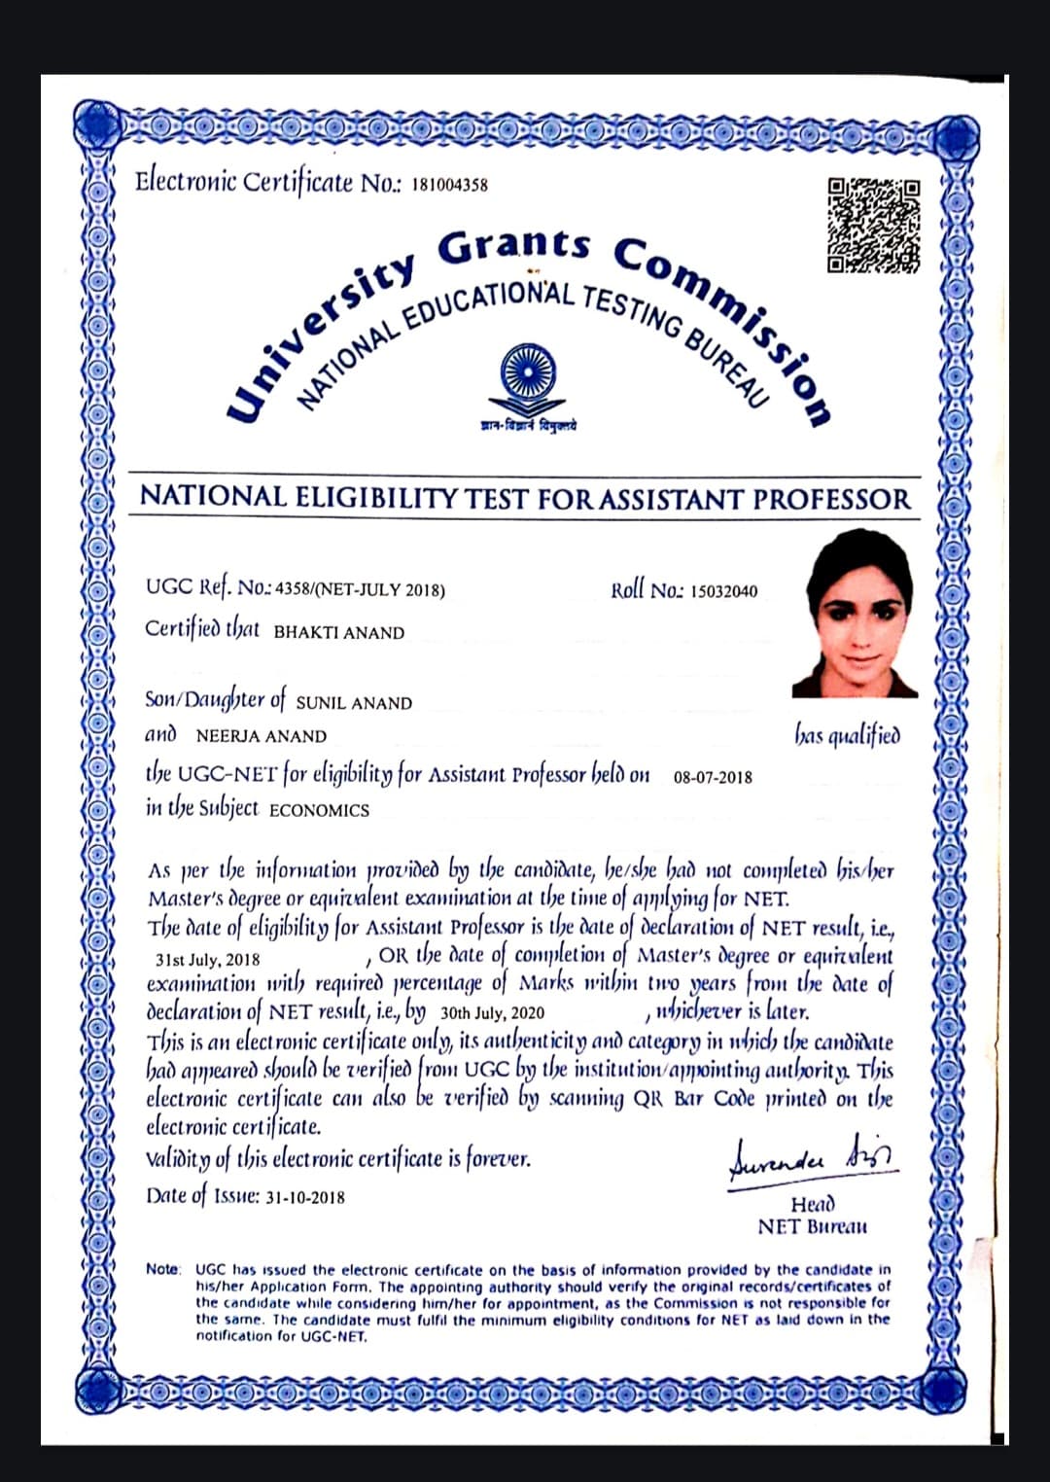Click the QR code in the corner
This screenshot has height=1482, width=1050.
(872, 225)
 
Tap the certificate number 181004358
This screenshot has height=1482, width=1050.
(449, 185)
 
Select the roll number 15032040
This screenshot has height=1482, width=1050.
(723, 591)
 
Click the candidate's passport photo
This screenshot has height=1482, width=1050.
(856, 613)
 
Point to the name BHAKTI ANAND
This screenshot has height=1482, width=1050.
(338, 633)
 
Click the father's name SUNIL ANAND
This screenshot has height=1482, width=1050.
(354, 703)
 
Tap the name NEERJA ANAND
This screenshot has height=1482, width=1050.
(261, 737)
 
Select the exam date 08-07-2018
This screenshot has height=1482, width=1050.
(712, 778)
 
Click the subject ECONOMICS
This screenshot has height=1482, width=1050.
(319, 810)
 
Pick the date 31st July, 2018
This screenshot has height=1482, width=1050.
(208, 960)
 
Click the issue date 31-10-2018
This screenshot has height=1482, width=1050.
(304, 1197)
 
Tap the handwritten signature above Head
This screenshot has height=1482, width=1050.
(813, 1158)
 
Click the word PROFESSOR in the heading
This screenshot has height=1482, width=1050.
(831, 499)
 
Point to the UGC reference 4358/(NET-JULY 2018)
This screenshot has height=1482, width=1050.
(360, 590)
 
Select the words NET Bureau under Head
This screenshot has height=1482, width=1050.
(812, 1226)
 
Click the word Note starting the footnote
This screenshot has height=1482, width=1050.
(163, 1269)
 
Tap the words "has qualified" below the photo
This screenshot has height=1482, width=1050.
(847, 735)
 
